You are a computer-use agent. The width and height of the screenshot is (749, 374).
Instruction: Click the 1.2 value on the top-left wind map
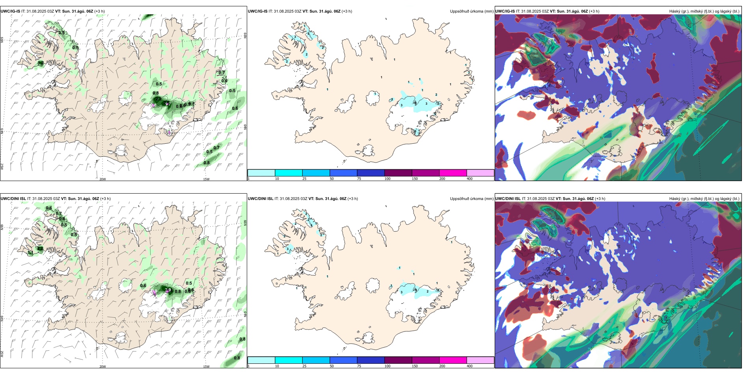(41, 63)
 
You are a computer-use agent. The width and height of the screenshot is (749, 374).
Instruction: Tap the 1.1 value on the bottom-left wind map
(31, 253)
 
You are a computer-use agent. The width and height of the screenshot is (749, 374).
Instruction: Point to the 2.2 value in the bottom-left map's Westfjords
(40, 248)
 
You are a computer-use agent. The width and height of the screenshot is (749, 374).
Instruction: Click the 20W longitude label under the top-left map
(102, 179)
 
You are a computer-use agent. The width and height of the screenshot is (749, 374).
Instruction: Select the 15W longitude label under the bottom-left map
(206, 367)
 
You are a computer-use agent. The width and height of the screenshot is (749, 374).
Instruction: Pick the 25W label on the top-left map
(2, 167)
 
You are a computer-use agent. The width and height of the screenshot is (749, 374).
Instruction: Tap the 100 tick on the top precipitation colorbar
(388, 179)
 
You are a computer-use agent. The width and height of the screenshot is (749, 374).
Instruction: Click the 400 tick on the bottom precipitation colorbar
(470, 366)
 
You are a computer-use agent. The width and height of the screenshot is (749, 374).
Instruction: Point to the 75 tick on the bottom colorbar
(359, 366)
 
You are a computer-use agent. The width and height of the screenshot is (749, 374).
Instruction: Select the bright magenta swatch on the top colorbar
(453, 173)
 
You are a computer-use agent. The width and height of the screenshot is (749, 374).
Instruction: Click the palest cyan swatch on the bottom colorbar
(261, 360)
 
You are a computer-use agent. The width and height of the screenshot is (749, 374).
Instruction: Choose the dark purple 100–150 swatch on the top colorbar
(398, 173)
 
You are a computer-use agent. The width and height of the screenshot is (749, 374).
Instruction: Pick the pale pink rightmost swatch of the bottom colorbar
(480, 360)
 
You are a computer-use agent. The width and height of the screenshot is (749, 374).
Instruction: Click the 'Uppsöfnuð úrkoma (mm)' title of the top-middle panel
(471, 11)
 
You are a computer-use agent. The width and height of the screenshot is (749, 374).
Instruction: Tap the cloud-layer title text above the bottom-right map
(704, 199)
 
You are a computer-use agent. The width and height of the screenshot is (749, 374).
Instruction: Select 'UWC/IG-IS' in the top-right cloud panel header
(505, 11)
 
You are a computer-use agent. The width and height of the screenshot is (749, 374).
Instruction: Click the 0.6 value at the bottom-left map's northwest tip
(49, 208)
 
